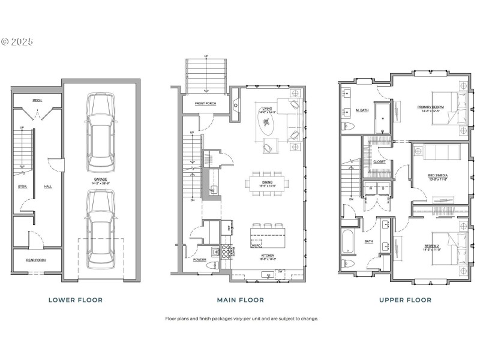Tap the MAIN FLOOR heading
point(239,299)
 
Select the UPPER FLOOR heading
point(406,299)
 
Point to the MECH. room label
point(37,101)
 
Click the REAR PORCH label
point(36,260)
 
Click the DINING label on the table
point(268,184)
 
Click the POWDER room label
point(200,260)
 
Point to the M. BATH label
point(362,110)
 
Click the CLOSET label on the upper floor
point(379,161)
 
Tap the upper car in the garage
point(100,126)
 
